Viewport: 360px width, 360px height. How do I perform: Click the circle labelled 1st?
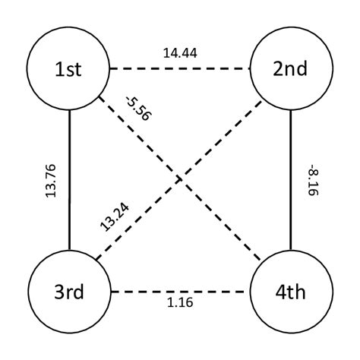click(68, 69)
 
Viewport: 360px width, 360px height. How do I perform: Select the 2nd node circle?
click(291, 69)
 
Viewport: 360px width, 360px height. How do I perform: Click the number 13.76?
click(52, 181)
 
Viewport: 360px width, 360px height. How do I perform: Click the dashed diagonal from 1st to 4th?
click(220, 221)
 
